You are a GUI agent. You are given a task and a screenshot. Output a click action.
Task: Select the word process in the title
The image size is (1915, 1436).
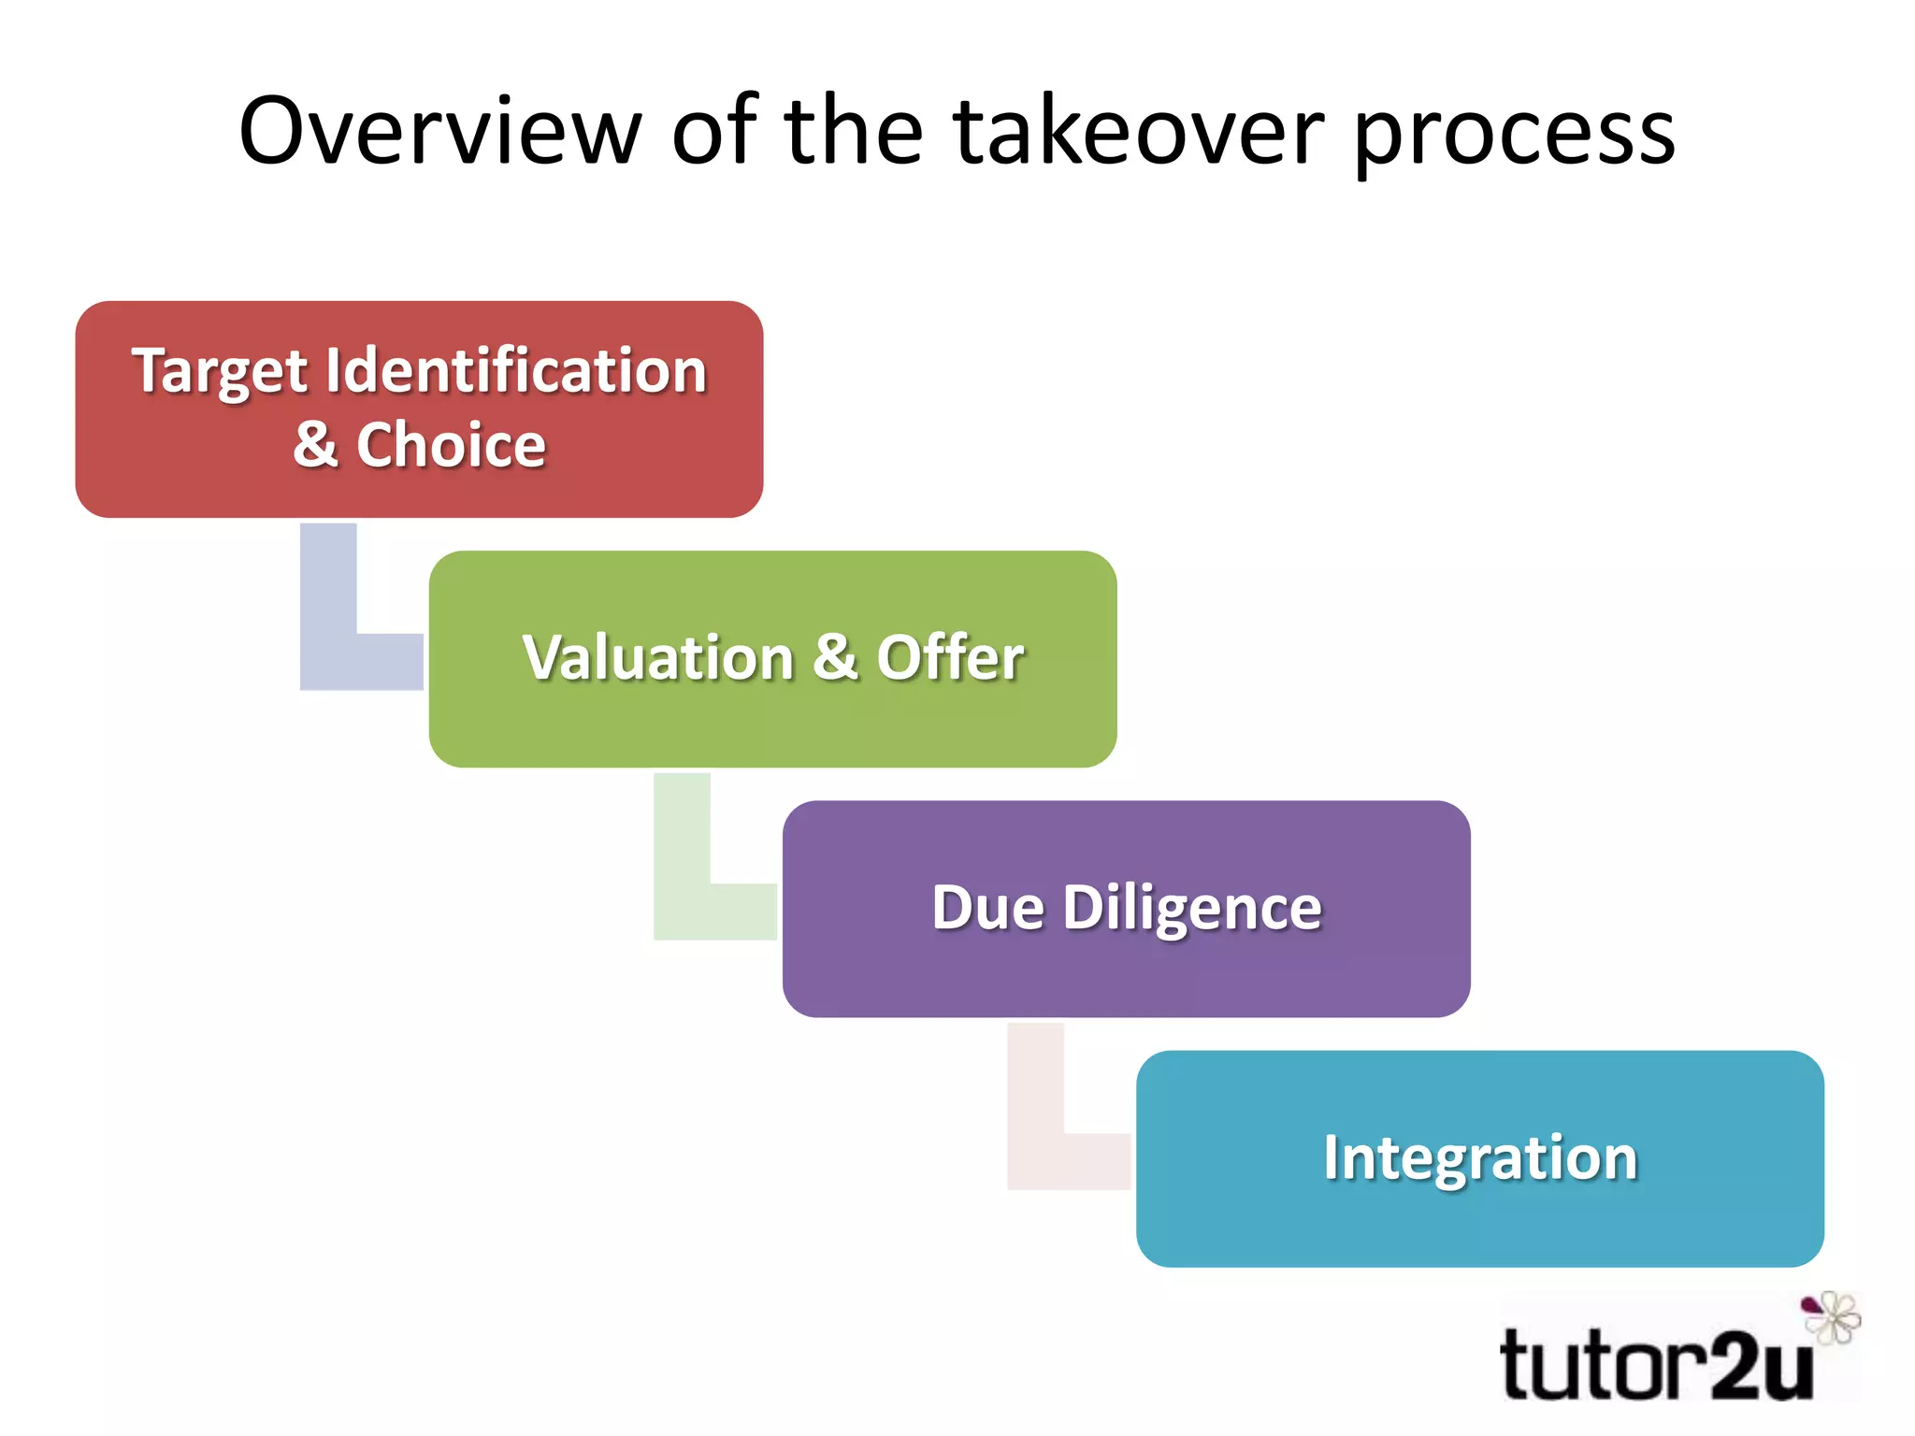1515,136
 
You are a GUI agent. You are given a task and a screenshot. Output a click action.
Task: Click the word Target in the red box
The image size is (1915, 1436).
220,372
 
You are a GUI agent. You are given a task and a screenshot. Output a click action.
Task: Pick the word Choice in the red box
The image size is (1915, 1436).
451,445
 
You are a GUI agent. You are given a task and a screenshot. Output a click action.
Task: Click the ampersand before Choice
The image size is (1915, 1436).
315,445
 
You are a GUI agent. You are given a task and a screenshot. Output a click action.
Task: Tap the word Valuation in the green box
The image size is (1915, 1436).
658,657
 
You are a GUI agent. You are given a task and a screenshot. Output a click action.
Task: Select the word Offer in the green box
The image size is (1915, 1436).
950,657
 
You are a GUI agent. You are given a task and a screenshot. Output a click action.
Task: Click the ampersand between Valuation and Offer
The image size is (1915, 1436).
834,657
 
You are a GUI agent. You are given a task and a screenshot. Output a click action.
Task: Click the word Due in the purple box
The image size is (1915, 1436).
987,908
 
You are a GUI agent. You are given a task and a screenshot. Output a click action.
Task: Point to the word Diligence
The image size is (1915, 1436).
1192,908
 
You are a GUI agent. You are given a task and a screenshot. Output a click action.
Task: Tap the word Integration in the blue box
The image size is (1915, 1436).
1480,1157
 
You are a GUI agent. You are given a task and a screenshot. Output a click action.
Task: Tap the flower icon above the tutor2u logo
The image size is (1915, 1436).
1831,1316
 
